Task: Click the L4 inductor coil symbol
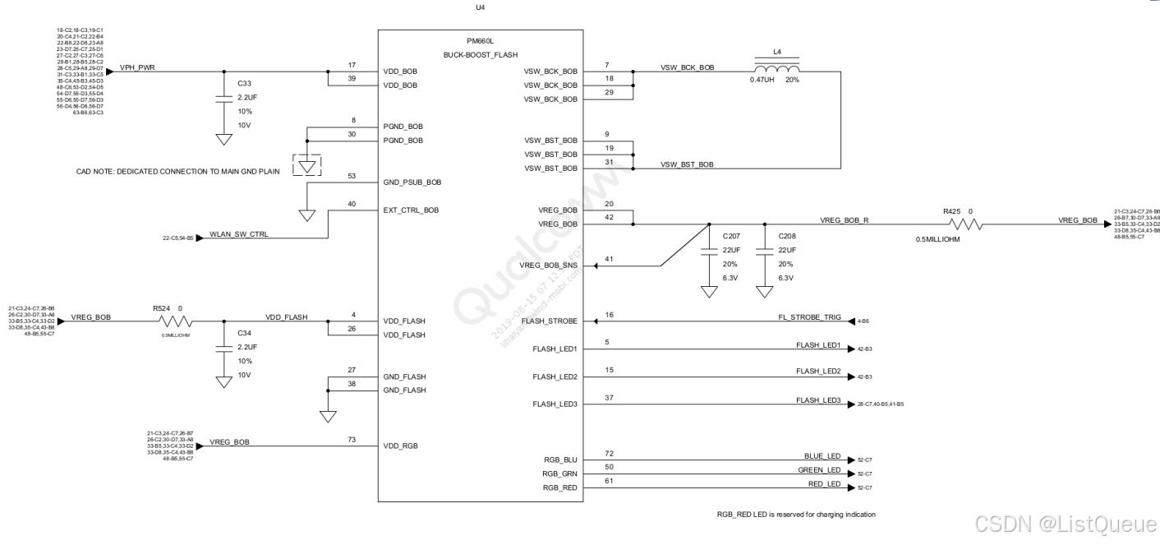click(777, 67)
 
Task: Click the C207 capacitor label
click(731, 236)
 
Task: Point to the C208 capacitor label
click(788, 236)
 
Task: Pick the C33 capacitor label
click(244, 83)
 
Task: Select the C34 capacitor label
click(244, 333)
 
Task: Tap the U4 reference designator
click(481, 7)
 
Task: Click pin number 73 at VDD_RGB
click(352, 440)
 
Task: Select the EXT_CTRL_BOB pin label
click(411, 210)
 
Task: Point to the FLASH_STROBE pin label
click(555, 321)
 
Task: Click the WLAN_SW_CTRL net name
click(239, 234)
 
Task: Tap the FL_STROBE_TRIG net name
click(811, 316)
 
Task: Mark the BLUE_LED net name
click(822, 456)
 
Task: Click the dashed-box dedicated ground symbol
click(307, 164)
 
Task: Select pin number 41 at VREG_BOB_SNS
click(608, 260)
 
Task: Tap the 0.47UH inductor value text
click(762, 80)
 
